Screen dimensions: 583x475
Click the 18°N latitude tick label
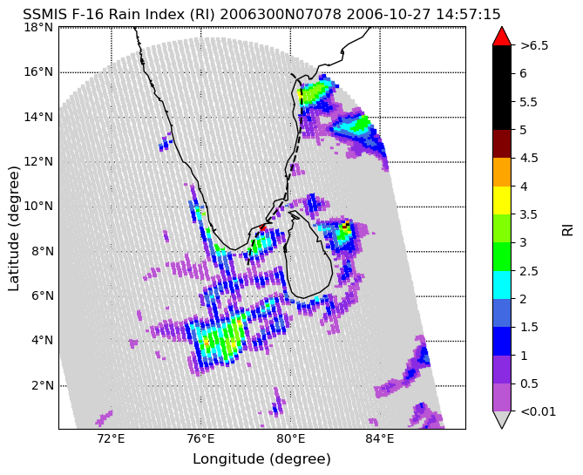38,28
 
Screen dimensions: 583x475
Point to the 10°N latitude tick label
38,206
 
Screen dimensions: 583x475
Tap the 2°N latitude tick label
42,385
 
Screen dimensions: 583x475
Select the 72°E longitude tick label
112,439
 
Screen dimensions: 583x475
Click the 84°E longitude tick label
380,439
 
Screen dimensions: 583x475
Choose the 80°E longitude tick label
290,439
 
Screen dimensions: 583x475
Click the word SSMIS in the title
41,15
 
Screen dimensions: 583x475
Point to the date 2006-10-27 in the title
388,15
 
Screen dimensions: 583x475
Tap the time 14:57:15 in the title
468,15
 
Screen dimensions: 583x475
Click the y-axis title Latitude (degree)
13,228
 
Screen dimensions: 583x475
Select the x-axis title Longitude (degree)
261,458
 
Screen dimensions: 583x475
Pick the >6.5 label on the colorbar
535,45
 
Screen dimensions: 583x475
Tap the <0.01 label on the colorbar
538,411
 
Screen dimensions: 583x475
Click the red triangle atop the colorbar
502,36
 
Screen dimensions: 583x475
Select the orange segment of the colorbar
502,173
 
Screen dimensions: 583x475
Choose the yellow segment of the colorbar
502,200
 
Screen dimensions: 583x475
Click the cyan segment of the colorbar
502,285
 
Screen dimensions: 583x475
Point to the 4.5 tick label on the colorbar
530,158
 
